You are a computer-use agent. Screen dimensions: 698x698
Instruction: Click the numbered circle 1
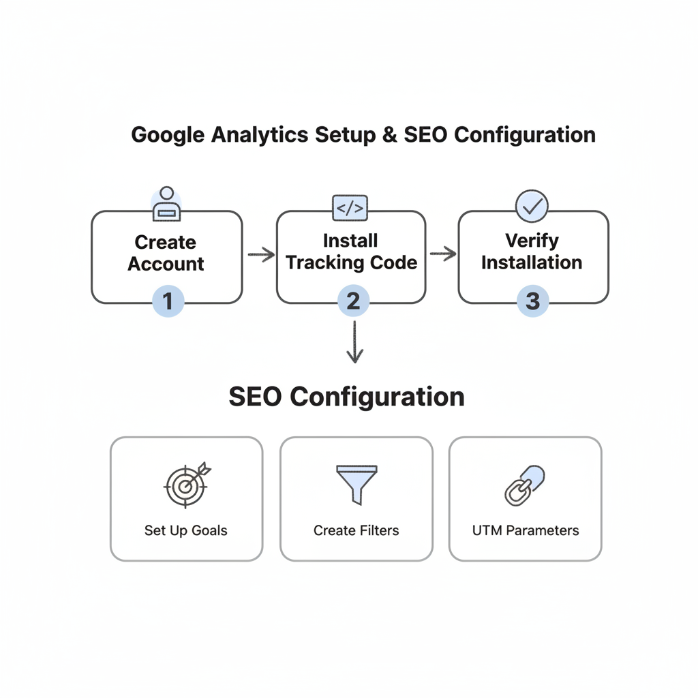(166, 300)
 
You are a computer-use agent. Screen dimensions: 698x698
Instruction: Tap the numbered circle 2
(352, 301)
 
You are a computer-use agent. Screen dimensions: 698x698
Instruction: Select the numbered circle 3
(532, 301)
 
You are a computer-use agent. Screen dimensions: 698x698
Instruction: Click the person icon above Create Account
(166, 204)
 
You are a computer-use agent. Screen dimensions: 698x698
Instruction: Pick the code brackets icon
(350, 208)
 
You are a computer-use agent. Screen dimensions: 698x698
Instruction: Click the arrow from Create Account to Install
(260, 256)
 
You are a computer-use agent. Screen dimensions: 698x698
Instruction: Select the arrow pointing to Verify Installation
(442, 254)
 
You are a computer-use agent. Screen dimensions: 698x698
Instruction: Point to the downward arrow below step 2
(354, 343)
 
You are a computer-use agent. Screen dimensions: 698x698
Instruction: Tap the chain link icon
(524, 485)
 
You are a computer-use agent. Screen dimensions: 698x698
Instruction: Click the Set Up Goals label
(185, 530)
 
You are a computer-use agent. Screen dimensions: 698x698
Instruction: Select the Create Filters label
(356, 530)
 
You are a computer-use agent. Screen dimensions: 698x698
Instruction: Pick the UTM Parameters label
(525, 530)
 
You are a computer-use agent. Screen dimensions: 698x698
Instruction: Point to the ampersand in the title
(389, 134)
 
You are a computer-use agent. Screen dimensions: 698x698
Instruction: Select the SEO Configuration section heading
(346, 397)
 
